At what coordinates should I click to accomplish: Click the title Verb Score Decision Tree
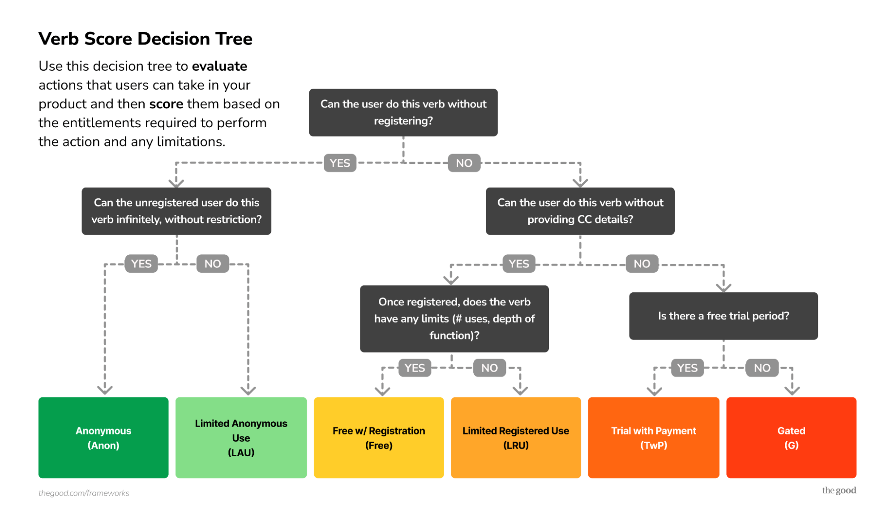[145, 39]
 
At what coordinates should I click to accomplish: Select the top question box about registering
[403, 112]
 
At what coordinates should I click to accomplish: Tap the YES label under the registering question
[340, 163]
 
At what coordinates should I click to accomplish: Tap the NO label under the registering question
[464, 163]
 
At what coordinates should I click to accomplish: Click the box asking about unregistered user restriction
[176, 211]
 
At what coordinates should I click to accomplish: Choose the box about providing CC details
[580, 211]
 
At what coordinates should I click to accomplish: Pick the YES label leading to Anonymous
[141, 264]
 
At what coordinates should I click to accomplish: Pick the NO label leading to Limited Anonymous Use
[213, 264]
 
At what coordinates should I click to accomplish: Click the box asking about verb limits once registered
[454, 318]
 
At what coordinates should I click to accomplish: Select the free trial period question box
[723, 316]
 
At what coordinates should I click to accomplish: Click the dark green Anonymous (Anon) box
[103, 437]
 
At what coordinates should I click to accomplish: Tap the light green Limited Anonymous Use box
[241, 437]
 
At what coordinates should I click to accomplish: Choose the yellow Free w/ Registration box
[379, 437]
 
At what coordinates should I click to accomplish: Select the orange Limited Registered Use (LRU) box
[516, 437]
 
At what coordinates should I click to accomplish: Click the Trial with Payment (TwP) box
[654, 437]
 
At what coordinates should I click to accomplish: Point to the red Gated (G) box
[791, 437]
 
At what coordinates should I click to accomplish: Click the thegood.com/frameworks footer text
[84, 493]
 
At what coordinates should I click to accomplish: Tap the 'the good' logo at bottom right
[839, 490]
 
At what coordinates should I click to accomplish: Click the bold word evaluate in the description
[219, 66]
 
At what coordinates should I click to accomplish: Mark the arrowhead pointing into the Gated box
[792, 390]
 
